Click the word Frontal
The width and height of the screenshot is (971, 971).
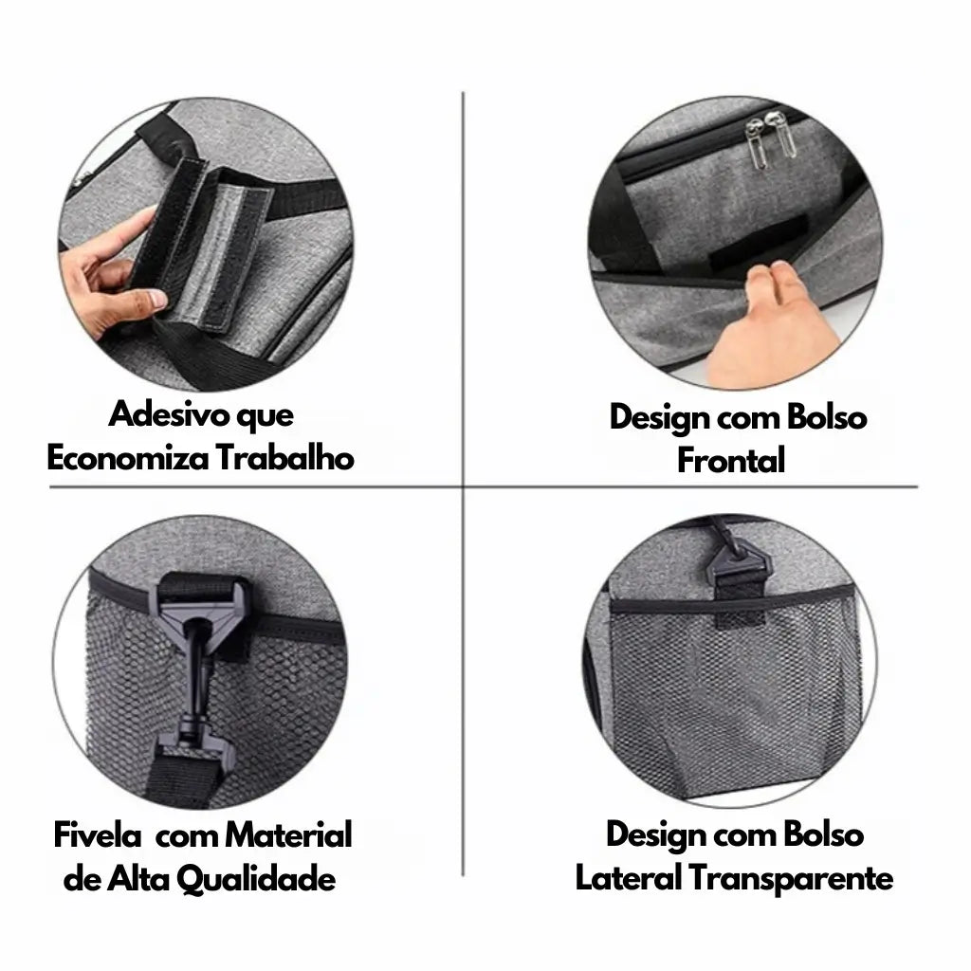tap(730, 462)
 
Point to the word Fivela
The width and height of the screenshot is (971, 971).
tap(97, 835)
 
